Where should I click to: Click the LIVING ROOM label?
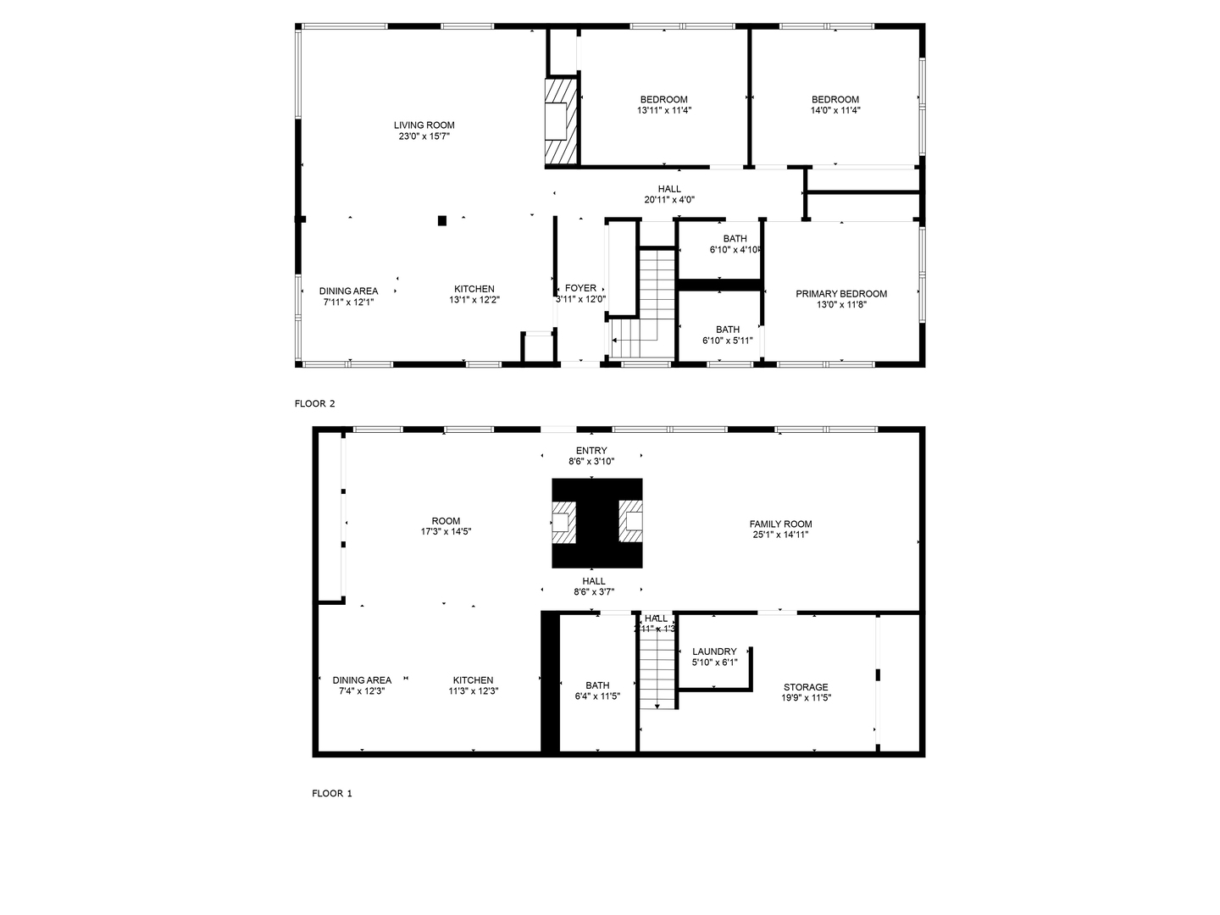pos(424,125)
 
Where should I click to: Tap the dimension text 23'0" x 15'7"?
pos(424,136)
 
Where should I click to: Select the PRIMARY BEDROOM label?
pos(840,294)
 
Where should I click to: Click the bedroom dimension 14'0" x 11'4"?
pos(835,110)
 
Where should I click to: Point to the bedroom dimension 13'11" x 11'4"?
pos(663,110)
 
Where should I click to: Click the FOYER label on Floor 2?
pos(580,288)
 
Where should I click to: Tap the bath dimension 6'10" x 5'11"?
pos(727,341)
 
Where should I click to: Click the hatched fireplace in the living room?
pos(560,120)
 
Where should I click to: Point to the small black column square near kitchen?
pos(442,221)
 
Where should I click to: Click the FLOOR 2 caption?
pos(314,404)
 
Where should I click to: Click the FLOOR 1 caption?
pos(331,794)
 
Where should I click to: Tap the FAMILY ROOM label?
pos(780,524)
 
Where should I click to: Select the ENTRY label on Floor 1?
pos(591,451)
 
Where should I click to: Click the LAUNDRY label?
pos(714,652)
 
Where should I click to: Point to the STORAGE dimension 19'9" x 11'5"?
pos(806,698)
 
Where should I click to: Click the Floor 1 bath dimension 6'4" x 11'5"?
pos(596,696)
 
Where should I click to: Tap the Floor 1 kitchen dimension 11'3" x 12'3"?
pos(473,690)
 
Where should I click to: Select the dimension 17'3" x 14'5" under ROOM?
pos(446,532)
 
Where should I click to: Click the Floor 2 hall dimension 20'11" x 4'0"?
pos(669,200)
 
